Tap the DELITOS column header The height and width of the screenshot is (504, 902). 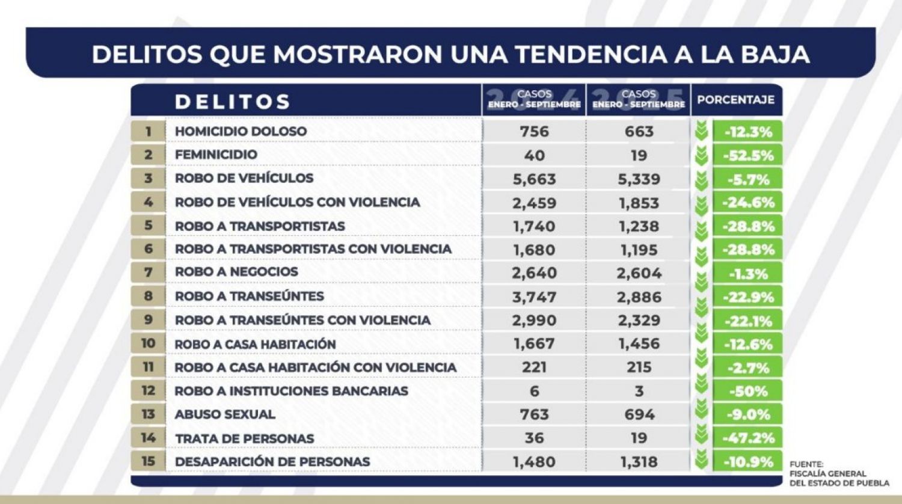click(x=233, y=102)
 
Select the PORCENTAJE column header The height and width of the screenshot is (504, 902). click(x=735, y=100)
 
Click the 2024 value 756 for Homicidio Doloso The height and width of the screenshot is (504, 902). click(x=534, y=131)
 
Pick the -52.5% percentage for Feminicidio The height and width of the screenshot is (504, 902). click(x=748, y=155)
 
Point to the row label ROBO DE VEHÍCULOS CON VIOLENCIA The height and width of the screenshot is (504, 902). click(x=297, y=202)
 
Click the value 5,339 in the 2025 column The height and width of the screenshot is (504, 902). click(x=639, y=179)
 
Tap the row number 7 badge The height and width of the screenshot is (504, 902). click(x=148, y=272)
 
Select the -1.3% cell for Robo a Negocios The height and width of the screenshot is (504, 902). click(x=748, y=274)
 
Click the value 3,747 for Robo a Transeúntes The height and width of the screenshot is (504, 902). click(x=534, y=297)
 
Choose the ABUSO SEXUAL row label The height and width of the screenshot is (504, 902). click(x=225, y=414)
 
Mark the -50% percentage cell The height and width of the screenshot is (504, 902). click(x=748, y=392)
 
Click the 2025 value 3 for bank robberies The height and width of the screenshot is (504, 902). click(x=639, y=391)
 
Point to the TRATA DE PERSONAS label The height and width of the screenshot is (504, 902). click(x=244, y=438)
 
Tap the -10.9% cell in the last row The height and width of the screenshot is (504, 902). click(x=748, y=462)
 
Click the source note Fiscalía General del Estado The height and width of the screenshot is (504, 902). click(x=839, y=473)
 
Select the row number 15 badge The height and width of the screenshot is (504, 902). click(x=148, y=461)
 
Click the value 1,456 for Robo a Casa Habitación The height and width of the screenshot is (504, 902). click(x=639, y=344)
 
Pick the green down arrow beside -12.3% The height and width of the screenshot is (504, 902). click(x=701, y=132)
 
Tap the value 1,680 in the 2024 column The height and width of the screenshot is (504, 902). click(x=534, y=250)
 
